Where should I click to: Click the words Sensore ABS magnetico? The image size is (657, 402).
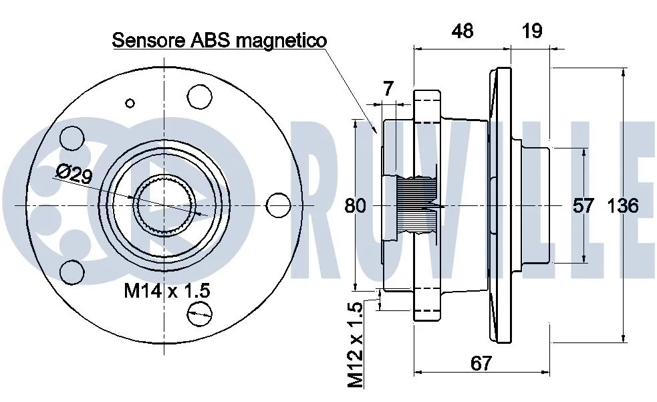[219, 40]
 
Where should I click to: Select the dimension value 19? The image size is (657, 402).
[532, 31]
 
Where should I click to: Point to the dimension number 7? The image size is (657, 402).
[388, 88]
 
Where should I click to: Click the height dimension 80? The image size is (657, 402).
[356, 206]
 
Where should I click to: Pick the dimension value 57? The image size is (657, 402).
[583, 206]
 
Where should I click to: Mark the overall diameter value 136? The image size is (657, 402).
[622, 206]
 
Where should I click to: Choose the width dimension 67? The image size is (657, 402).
[481, 363]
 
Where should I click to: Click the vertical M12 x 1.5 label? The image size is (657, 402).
[356, 344]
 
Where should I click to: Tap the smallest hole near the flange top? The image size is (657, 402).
[130, 103]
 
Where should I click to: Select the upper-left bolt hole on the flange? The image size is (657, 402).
[70, 138]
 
